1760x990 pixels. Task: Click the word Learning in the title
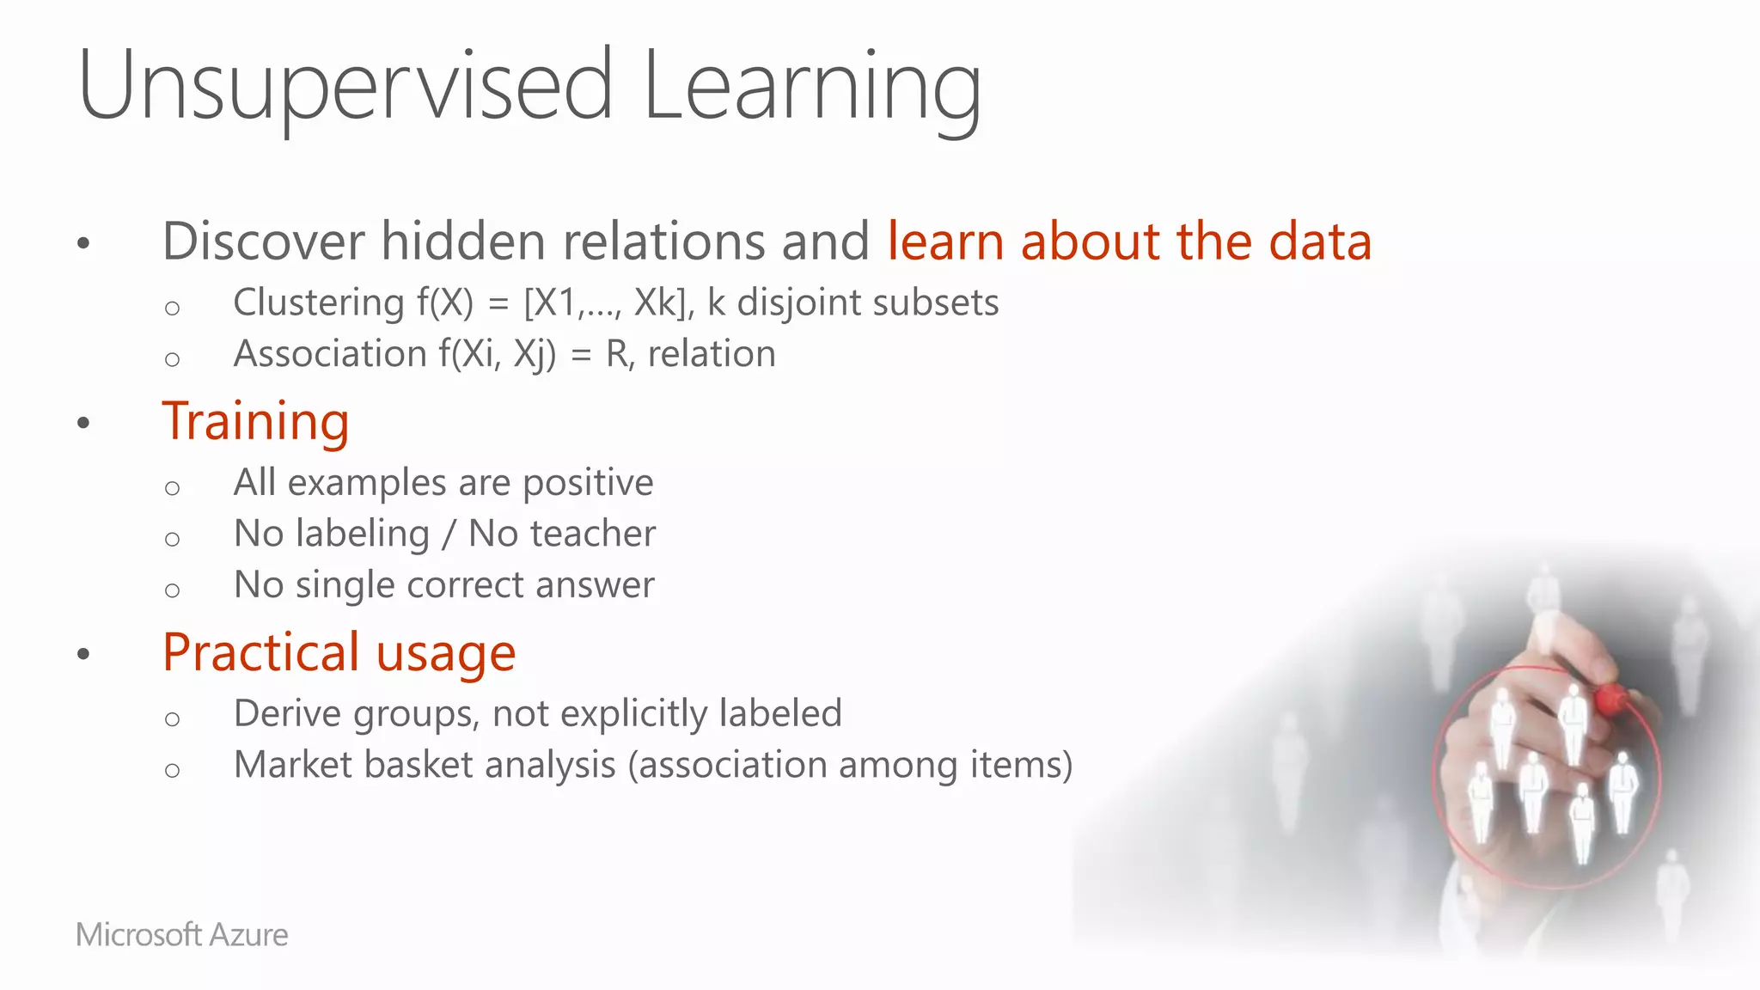[x=811, y=86]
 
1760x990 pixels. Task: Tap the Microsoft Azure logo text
[x=182, y=934]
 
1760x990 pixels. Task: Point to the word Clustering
[x=318, y=302]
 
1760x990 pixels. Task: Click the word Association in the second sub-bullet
[x=330, y=354]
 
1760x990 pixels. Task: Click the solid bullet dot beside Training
[x=83, y=423]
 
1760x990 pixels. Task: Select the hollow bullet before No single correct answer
[x=173, y=590]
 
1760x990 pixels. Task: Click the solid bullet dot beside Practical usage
[x=83, y=654]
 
